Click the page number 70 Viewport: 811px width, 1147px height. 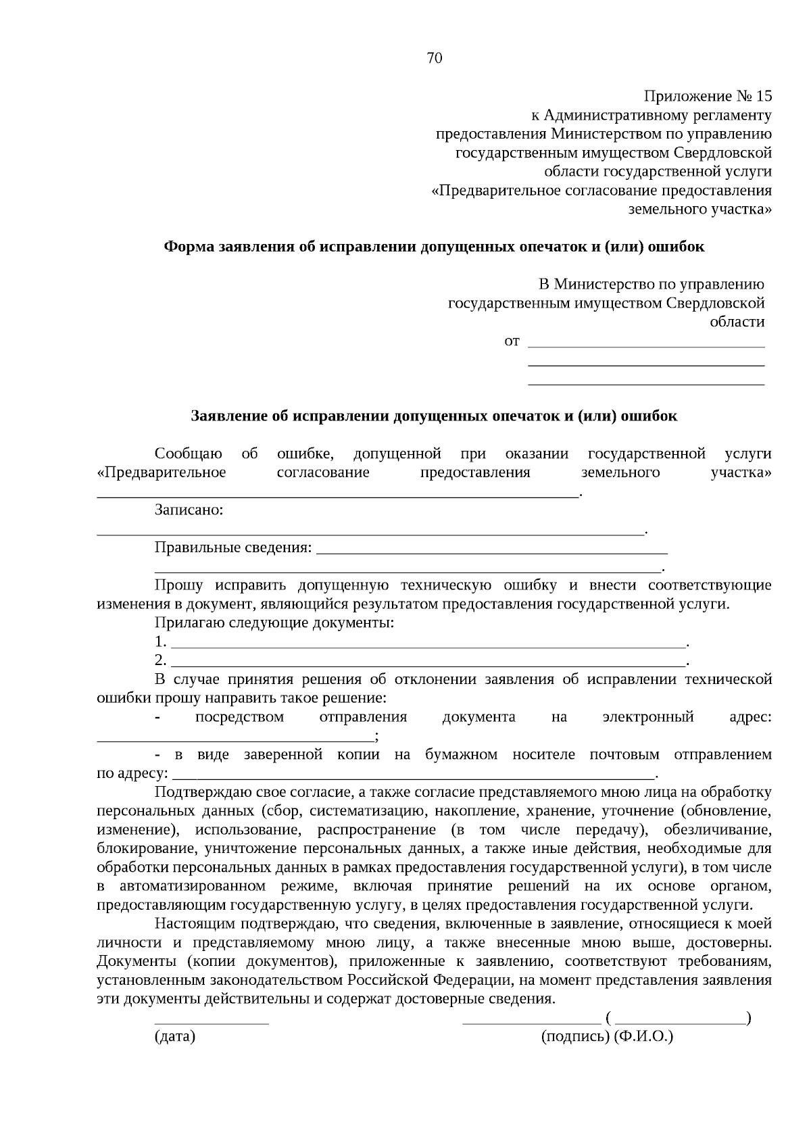click(x=435, y=58)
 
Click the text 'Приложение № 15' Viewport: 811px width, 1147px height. click(x=707, y=96)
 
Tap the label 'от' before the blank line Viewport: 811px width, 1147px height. click(x=512, y=341)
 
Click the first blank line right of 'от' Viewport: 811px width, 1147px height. click(x=645, y=346)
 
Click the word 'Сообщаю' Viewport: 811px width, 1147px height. click(x=188, y=453)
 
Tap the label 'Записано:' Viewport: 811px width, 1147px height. click(x=189, y=510)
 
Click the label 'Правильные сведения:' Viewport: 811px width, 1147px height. click(x=234, y=547)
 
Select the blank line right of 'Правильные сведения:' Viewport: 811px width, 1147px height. click(x=491, y=552)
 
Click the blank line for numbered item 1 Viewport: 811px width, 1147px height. click(x=428, y=646)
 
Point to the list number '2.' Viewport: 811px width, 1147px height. click(x=160, y=660)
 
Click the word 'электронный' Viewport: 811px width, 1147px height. click(x=647, y=716)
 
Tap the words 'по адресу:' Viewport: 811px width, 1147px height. click(x=132, y=773)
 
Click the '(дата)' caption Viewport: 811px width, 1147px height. click(x=175, y=1036)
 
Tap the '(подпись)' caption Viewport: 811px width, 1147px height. click(x=576, y=1036)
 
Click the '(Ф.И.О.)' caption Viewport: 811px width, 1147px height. click(x=643, y=1036)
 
